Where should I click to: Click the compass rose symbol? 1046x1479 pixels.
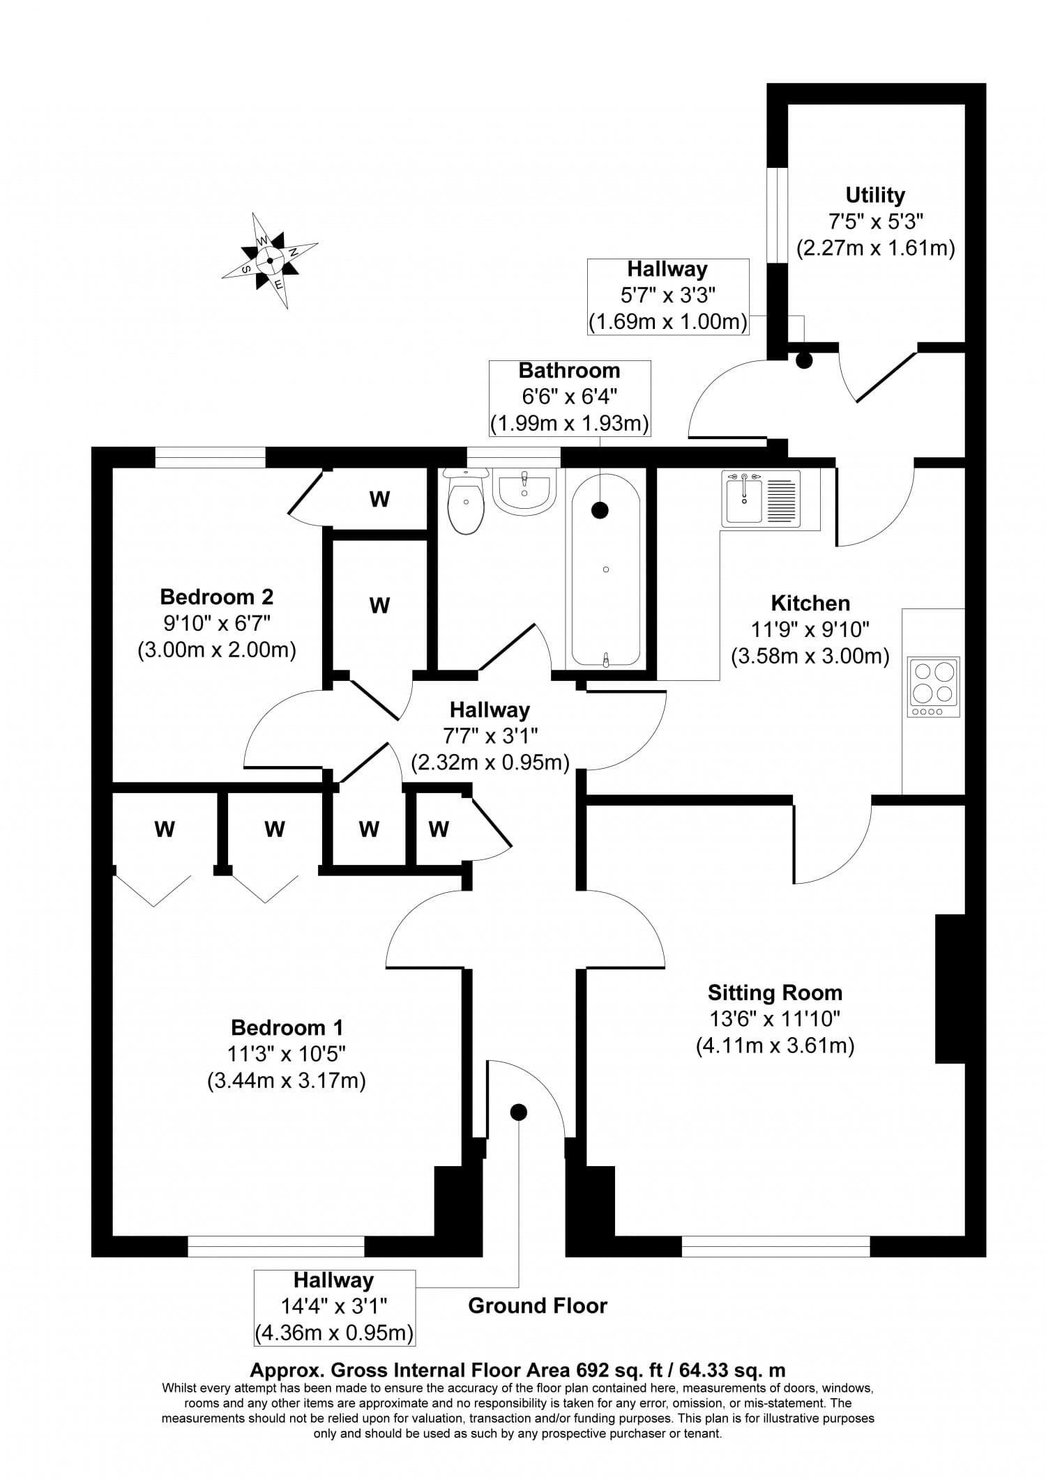(270, 261)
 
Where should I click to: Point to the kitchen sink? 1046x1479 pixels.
(761, 498)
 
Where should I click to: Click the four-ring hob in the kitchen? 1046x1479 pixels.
(933, 687)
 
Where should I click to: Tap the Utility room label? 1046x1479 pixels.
(875, 195)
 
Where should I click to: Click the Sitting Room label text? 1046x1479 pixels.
(775, 993)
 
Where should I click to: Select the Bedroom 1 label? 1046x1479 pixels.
(287, 1027)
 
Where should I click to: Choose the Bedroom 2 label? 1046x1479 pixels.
(217, 597)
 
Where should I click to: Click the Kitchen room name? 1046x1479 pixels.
(810, 603)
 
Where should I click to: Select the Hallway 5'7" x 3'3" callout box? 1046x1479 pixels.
(667, 296)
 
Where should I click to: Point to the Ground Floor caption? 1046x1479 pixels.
(538, 1305)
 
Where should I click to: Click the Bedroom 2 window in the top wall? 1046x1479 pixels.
(210, 457)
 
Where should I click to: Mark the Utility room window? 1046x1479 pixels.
(777, 215)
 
